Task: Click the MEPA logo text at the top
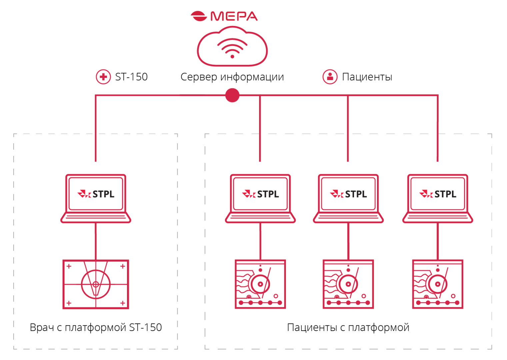click(x=234, y=16)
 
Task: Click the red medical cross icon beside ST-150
click(x=103, y=77)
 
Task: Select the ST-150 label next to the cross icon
click(x=131, y=77)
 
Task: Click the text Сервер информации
click(x=232, y=77)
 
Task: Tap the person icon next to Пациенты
click(x=330, y=77)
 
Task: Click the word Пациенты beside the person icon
click(x=367, y=77)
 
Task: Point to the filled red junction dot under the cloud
click(x=232, y=95)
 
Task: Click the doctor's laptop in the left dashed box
click(x=96, y=199)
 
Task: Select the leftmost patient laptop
click(x=260, y=199)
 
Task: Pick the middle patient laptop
click(x=348, y=199)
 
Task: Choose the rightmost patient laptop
click(x=438, y=199)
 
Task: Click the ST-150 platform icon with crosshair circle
click(x=96, y=284)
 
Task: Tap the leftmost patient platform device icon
click(x=260, y=284)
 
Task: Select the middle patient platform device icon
click(x=348, y=284)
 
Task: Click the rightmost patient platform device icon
click(x=438, y=284)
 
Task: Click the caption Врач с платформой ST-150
click(x=96, y=328)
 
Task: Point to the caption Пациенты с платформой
click(x=348, y=328)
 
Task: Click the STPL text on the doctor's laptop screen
click(x=103, y=194)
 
